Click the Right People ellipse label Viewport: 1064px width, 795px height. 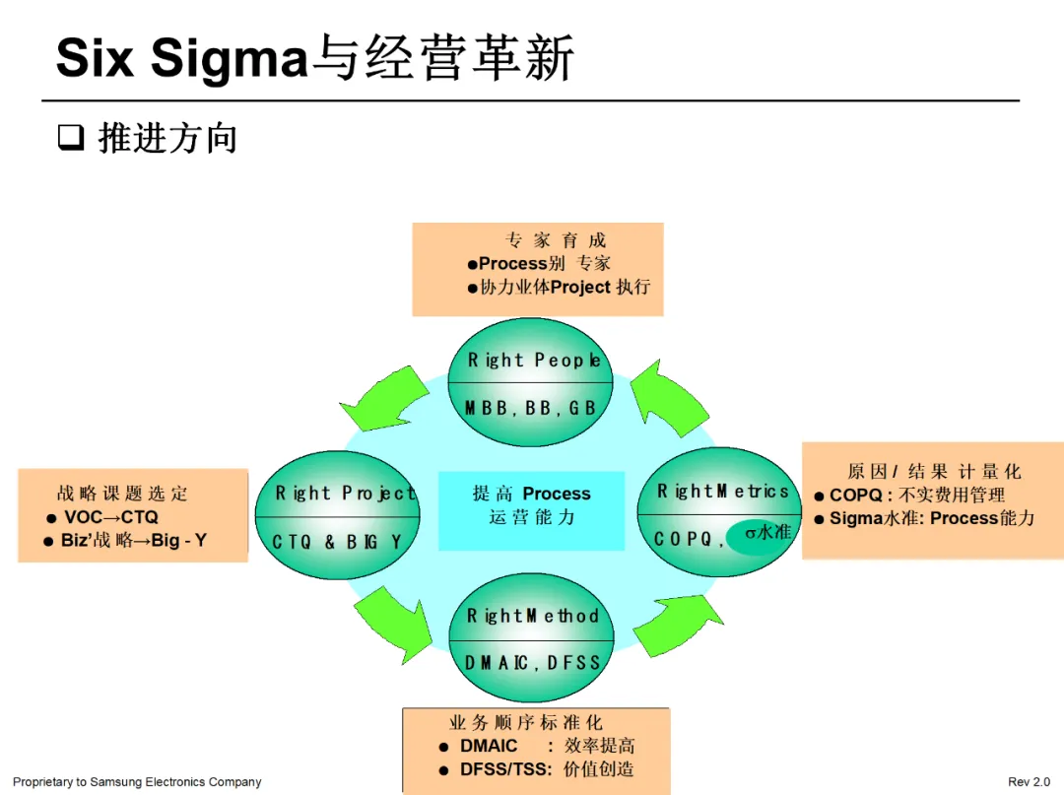pos(532,361)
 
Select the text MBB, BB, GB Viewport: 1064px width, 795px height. pos(531,407)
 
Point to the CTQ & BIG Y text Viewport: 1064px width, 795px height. pos(337,542)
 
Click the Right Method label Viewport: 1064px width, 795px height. pos(532,616)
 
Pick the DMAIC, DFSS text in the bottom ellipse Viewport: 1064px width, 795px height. pos(532,662)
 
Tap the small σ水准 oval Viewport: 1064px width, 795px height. pos(764,533)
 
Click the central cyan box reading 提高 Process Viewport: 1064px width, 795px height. pos(531,505)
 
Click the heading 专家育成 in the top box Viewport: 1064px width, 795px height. pos(556,240)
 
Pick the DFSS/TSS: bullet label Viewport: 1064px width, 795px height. pos(505,769)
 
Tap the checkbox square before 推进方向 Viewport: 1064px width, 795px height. pos(70,137)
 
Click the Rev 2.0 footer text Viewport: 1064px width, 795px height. pos(1029,782)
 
